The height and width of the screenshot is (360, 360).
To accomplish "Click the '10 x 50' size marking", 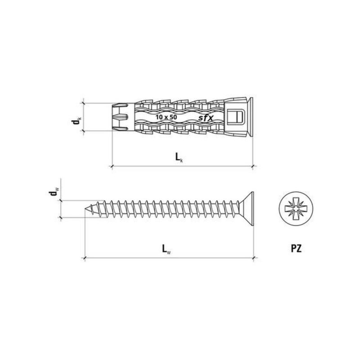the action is click(x=166, y=117).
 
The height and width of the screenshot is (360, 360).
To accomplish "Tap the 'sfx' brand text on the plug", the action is click(x=206, y=118).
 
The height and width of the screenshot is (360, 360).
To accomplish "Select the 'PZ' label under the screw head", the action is click(x=296, y=248).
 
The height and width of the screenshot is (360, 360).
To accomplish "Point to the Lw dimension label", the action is click(x=166, y=249).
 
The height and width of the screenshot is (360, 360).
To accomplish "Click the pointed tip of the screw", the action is click(x=85, y=209).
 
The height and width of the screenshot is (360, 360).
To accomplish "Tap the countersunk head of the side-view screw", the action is click(x=246, y=209).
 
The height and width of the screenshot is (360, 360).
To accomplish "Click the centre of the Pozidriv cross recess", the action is click(x=296, y=209).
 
